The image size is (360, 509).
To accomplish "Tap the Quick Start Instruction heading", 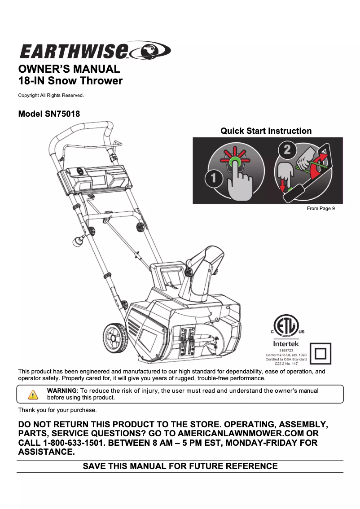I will coord(266,131).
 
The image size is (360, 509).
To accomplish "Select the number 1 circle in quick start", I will coord(214,179).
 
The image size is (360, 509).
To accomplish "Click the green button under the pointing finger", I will coord(234,160).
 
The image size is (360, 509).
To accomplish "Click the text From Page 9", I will coord(320,208).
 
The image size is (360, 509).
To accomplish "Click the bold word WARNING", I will coord(62,391).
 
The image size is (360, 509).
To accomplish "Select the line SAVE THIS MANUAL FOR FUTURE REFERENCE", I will coord(180,466).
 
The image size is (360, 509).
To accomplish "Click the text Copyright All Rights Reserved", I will coord(51,95).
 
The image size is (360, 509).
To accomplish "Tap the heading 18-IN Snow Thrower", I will coord(70,81).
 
